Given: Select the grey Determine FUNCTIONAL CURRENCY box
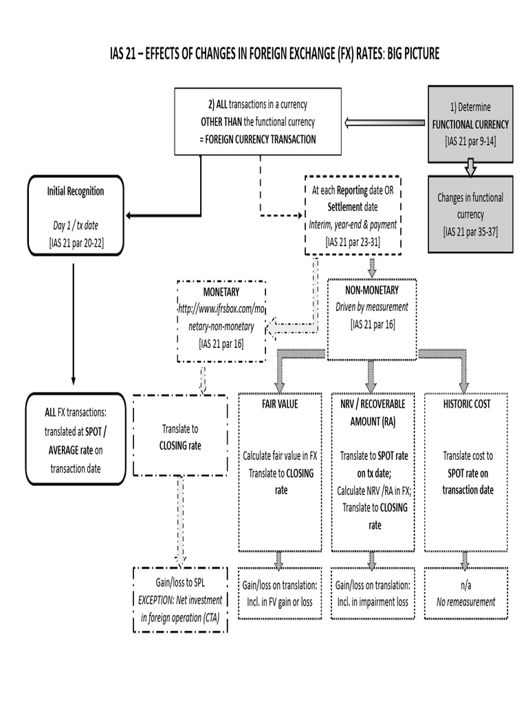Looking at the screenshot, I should tap(470, 124).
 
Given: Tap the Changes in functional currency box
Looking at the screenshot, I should tap(470, 214).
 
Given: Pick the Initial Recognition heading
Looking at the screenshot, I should tap(75, 191).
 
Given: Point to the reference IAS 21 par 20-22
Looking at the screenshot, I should tap(76, 242).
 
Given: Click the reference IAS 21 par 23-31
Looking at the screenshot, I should tap(352, 242).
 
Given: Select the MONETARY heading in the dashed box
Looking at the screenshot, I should tap(221, 292).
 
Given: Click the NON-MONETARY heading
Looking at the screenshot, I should tap(372, 290).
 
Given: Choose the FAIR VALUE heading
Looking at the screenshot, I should tap(279, 404).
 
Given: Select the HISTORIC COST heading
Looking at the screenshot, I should tap(467, 404).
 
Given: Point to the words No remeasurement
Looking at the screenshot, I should tap(465, 602).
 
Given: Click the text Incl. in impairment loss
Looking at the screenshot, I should tap(372, 602).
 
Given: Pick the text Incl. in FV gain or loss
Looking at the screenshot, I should tap(279, 602).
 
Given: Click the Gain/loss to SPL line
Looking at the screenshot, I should tap(179, 582).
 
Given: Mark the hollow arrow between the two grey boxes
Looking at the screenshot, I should tap(470, 166).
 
